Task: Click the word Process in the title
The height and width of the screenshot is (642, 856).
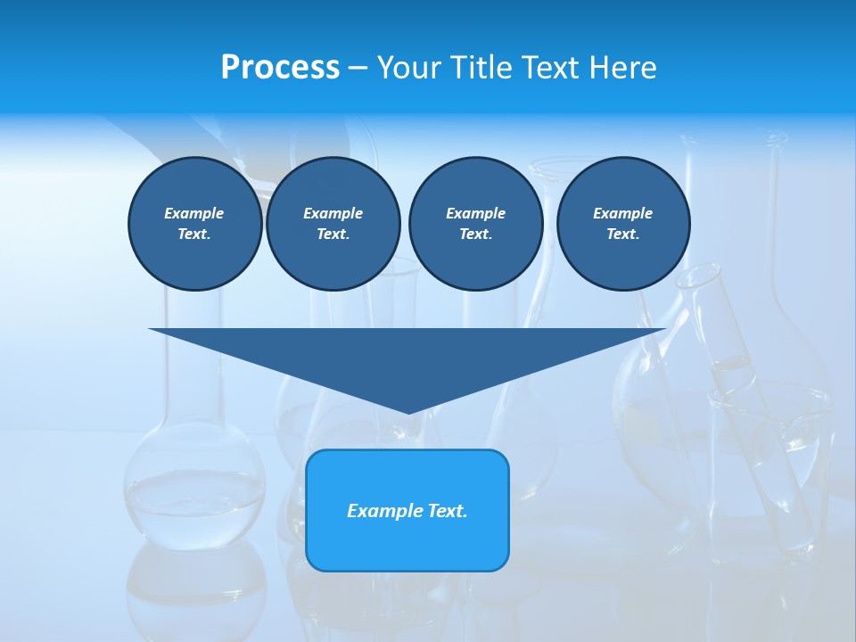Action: [x=280, y=67]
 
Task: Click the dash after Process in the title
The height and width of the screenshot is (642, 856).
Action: [x=358, y=68]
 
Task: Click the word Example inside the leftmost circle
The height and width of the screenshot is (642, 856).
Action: [x=194, y=213]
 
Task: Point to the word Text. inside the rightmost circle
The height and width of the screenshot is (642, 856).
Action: [x=622, y=234]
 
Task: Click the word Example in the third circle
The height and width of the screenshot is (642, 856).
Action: [x=475, y=213]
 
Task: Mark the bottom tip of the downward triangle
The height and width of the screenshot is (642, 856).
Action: [x=408, y=411]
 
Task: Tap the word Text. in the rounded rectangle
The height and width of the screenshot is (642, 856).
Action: [x=446, y=511]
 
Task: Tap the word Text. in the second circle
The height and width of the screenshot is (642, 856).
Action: [x=333, y=234]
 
